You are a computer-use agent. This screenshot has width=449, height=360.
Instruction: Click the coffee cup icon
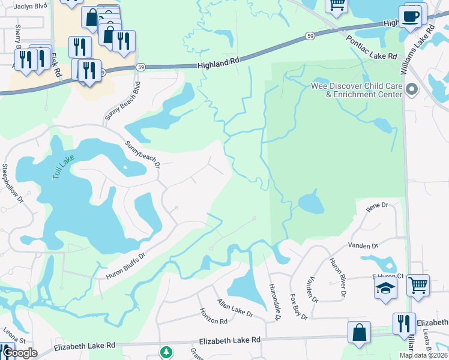tap(411, 17)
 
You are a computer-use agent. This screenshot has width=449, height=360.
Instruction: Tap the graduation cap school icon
tap(385, 287)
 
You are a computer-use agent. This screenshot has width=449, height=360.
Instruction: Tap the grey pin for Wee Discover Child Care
tap(412, 90)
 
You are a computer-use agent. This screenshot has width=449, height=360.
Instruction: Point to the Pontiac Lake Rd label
tap(372, 47)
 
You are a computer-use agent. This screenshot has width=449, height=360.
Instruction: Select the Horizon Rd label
tap(214, 317)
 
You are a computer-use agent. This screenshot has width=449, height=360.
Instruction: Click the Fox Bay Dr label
tap(298, 306)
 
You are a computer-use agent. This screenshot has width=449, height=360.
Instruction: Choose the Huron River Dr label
tap(338, 277)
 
